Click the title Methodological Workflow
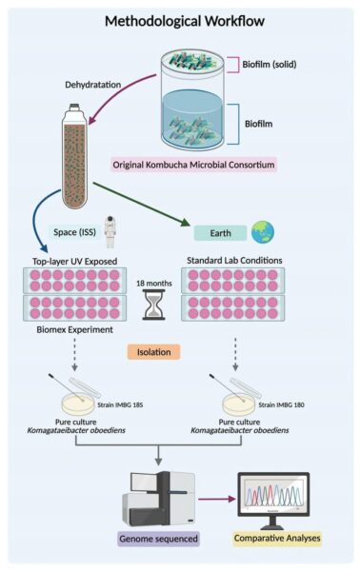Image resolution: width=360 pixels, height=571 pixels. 180,21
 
